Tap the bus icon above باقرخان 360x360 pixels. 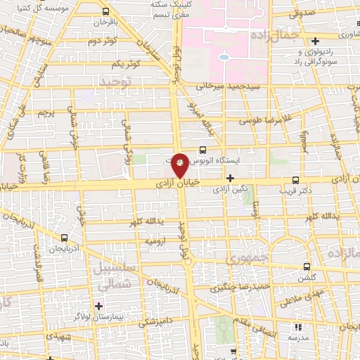(105, 12)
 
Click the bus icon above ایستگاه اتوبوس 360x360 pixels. (202, 149)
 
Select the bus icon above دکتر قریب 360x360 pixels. (296, 179)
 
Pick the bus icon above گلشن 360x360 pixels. (307, 266)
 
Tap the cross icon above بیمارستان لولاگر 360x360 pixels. (98, 306)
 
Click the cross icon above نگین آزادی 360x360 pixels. (239, 179)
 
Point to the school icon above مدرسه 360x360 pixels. (297, 327)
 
